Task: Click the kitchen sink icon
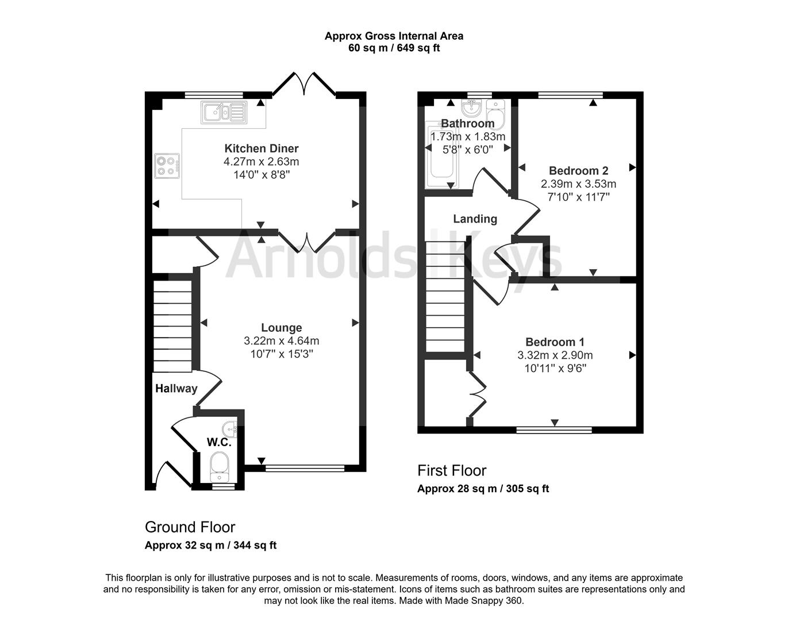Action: tap(224, 112)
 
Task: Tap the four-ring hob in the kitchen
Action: tap(167, 165)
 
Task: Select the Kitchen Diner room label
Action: tap(261, 148)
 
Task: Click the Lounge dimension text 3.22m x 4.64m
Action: tap(281, 341)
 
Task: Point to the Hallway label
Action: tap(176, 389)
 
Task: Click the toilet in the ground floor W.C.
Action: tap(220, 465)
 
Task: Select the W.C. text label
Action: tap(219, 443)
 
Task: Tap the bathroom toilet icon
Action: tap(495, 113)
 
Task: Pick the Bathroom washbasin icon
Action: tap(472, 107)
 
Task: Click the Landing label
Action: tap(475, 219)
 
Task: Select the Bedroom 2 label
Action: tap(578, 171)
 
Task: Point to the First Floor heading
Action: tap(452, 471)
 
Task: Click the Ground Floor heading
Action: tap(190, 527)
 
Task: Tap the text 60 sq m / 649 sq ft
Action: tap(394, 48)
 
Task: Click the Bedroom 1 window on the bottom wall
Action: tap(554, 430)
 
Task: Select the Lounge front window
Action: tap(305, 468)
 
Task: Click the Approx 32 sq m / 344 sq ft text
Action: tap(210, 545)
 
